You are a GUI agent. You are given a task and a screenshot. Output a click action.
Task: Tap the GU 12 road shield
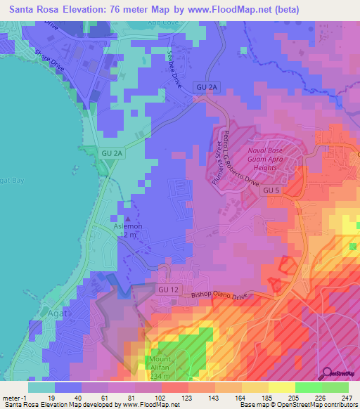(165, 290)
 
